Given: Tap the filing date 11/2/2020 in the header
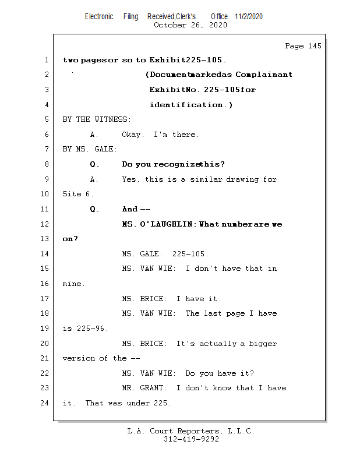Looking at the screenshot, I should (x=249, y=16).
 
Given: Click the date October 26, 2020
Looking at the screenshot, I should (x=190, y=25).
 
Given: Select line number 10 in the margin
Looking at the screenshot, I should (x=45, y=194).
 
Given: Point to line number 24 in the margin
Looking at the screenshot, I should (x=45, y=403).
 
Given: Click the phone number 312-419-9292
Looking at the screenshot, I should (x=191, y=440).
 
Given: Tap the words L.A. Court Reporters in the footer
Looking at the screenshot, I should (x=173, y=432).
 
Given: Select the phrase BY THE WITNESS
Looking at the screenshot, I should (x=97, y=119).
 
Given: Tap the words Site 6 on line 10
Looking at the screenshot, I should (x=77, y=194).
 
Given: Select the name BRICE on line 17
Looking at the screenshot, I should (x=153, y=299).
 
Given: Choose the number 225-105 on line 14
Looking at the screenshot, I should (x=190, y=254).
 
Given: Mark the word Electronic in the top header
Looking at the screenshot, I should (x=99, y=16).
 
